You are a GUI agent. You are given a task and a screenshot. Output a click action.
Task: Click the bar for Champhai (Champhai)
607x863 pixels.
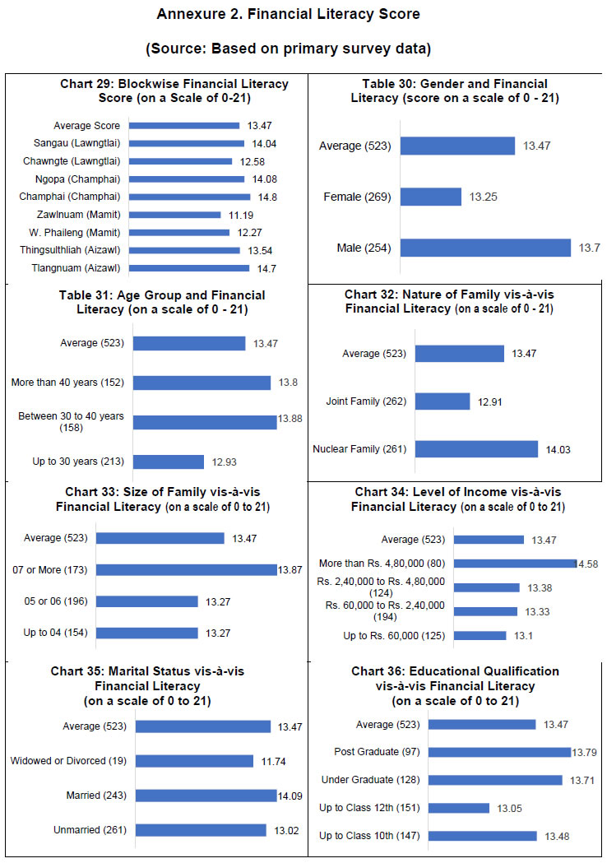[x=189, y=197]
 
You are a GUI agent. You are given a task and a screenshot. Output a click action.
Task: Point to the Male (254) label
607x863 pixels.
[x=364, y=248]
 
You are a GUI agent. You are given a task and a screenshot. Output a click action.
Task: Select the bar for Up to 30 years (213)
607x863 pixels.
[x=168, y=462]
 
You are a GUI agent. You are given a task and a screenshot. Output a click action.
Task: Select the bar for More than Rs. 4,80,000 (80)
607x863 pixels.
[x=516, y=564]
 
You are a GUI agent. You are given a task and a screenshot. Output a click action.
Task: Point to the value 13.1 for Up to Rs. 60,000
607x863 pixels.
[x=525, y=636]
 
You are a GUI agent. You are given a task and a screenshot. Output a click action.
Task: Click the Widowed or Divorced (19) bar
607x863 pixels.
[x=194, y=761]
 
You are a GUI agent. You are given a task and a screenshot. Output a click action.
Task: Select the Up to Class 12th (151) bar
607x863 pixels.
[x=458, y=808]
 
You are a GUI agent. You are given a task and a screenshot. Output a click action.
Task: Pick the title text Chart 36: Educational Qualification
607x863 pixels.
[x=455, y=671]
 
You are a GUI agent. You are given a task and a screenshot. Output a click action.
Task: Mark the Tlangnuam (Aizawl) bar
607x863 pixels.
[x=188, y=268]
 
